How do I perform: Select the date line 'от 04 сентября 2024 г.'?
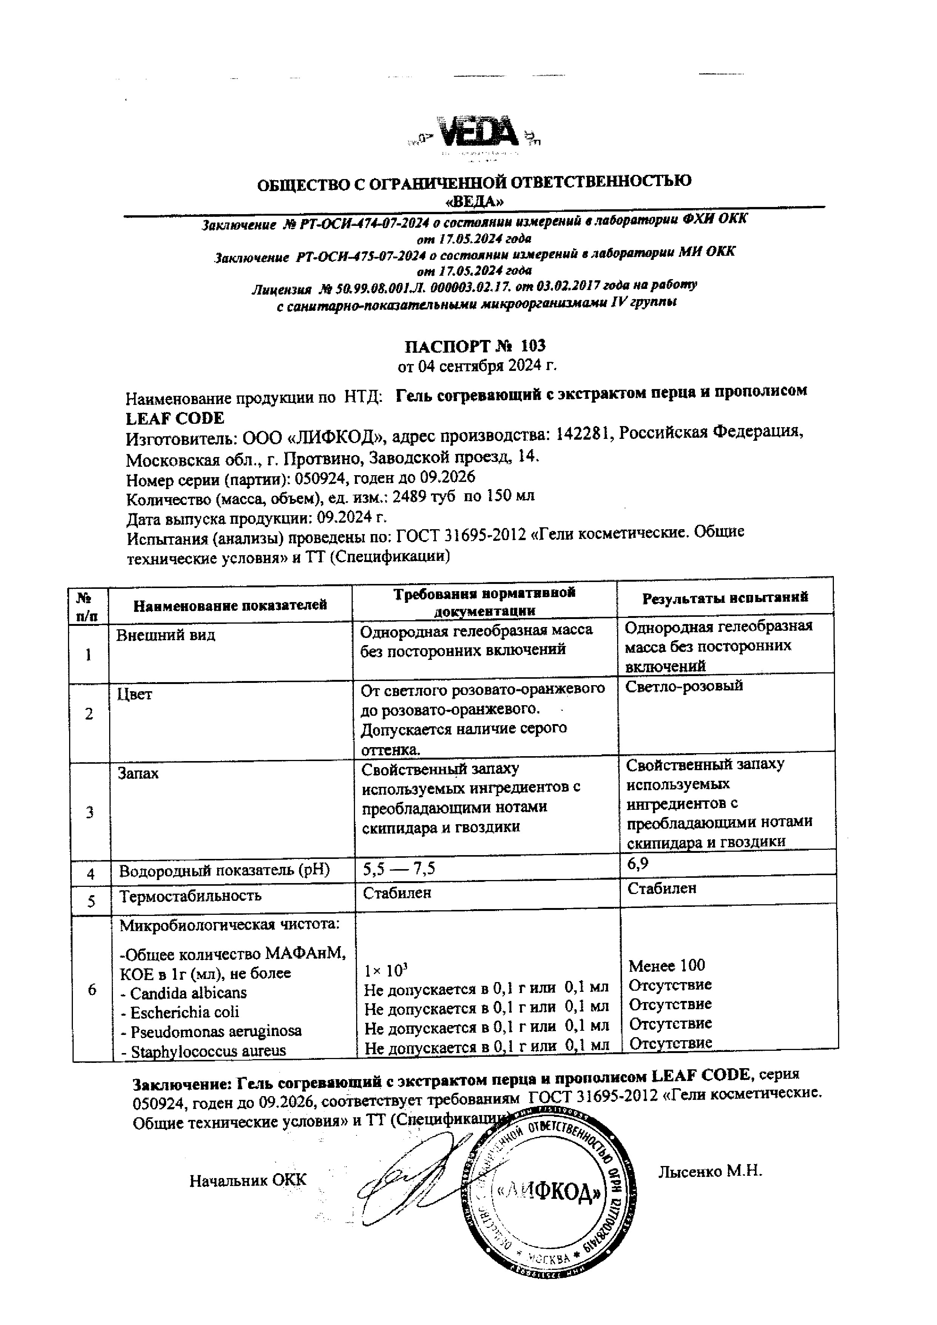[477, 366]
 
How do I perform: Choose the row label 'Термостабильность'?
[190, 896]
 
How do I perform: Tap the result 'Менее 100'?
[667, 965]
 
